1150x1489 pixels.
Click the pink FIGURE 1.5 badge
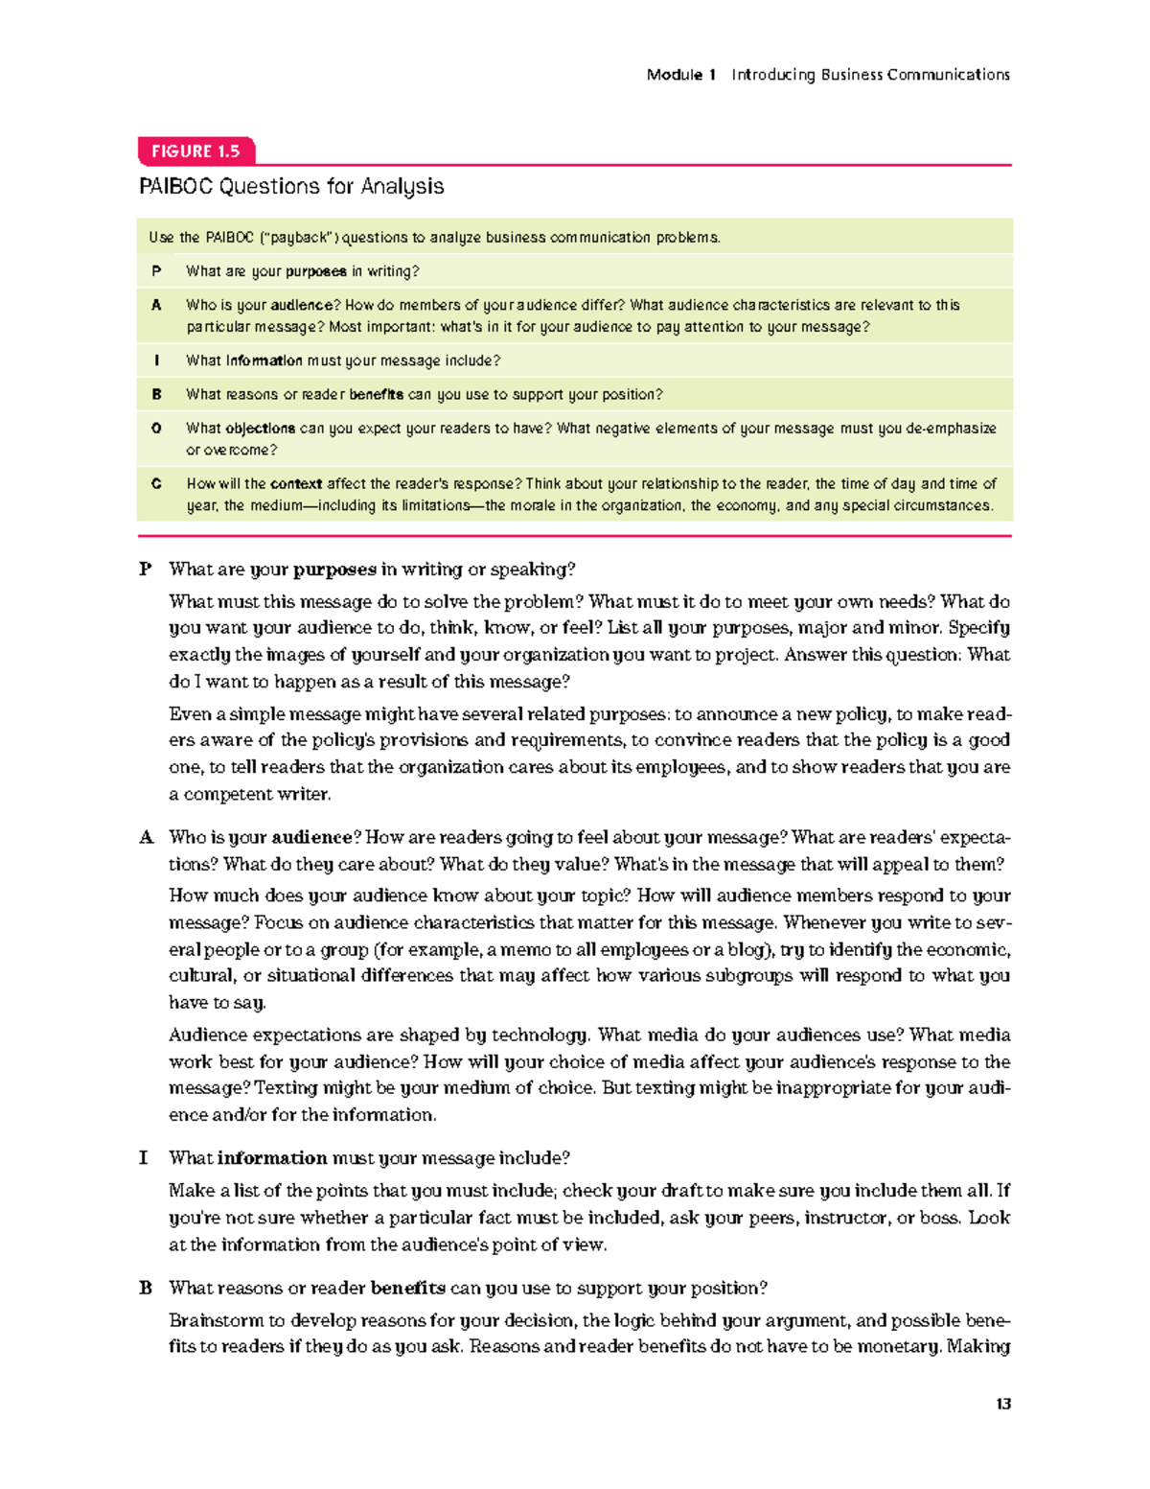coord(195,151)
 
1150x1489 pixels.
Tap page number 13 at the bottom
coord(1002,1404)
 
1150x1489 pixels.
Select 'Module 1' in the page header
coord(681,75)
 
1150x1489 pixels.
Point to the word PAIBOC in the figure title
coord(175,186)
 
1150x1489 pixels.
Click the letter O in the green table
coord(156,429)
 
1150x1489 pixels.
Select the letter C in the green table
coord(156,484)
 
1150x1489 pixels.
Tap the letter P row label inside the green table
coord(156,271)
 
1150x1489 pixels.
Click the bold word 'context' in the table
coord(296,484)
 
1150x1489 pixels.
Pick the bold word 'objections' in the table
coord(260,429)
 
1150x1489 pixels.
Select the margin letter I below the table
coord(144,1158)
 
